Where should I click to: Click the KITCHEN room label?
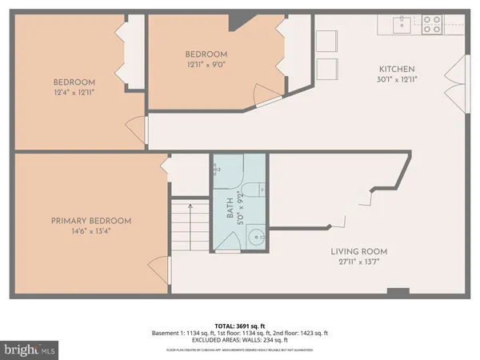tap(395, 69)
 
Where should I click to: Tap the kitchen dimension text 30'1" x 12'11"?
tap(395, 79)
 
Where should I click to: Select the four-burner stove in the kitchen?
tap(431, 24)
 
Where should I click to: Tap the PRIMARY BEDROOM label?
tap(91, 221)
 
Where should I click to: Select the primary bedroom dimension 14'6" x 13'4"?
tap(91, 231)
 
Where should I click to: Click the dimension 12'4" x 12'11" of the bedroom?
tap(74, 93)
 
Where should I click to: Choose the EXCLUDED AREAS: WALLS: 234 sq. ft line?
tap(240, 339)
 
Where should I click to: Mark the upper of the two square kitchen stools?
tap(326, 42)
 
